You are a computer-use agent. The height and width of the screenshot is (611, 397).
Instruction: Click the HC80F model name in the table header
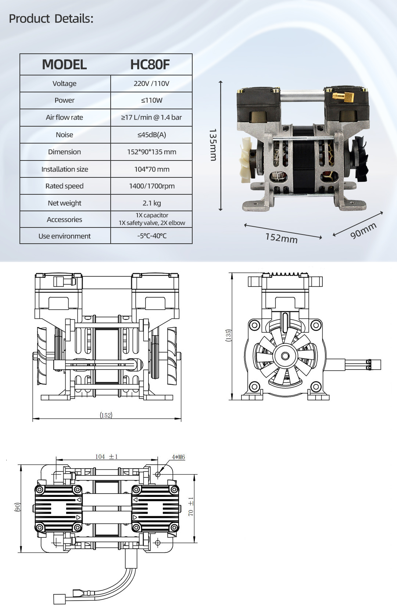coord(150,65)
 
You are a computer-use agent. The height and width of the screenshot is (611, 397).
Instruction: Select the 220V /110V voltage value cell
coord(151,84)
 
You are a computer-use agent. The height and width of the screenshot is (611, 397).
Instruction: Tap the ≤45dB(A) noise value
coord(151,135)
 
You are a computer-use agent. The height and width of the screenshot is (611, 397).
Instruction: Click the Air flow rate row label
coord(64,117)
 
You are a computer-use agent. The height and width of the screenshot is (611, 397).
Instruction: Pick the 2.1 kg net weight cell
coord(151,203)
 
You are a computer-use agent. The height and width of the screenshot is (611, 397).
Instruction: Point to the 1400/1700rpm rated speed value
coord(151,186)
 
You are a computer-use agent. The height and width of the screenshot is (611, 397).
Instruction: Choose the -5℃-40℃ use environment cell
coord(151,236)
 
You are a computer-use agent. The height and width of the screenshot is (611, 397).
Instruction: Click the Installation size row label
coord(65,169)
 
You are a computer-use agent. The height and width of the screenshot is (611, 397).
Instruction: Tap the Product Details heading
coord(51,18)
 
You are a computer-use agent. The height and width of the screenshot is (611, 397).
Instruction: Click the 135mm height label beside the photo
coord(213,145)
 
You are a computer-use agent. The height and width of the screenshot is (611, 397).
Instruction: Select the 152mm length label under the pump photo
coord(281,238)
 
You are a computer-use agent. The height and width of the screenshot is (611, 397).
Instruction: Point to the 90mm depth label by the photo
coord(363,230)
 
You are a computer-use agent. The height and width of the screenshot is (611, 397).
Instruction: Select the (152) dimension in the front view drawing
coord(106,415)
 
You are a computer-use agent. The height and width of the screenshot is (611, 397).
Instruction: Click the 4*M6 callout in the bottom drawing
coord(178,457)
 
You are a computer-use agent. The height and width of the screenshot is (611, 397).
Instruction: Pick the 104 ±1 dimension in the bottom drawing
coord(107,457)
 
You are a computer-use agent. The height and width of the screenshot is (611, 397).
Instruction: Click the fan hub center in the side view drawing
coord(285,356)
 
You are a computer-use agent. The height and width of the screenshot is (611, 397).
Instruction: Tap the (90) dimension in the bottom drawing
coord(17,507)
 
